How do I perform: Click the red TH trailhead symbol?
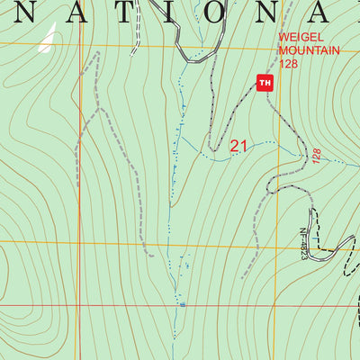[x=265, y=83]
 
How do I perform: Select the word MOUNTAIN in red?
[x=309, y=51]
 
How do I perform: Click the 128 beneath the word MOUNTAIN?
[x=288, y=64]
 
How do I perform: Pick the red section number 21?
[x=238, y=146]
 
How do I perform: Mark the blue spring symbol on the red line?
[x=182, y=304]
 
